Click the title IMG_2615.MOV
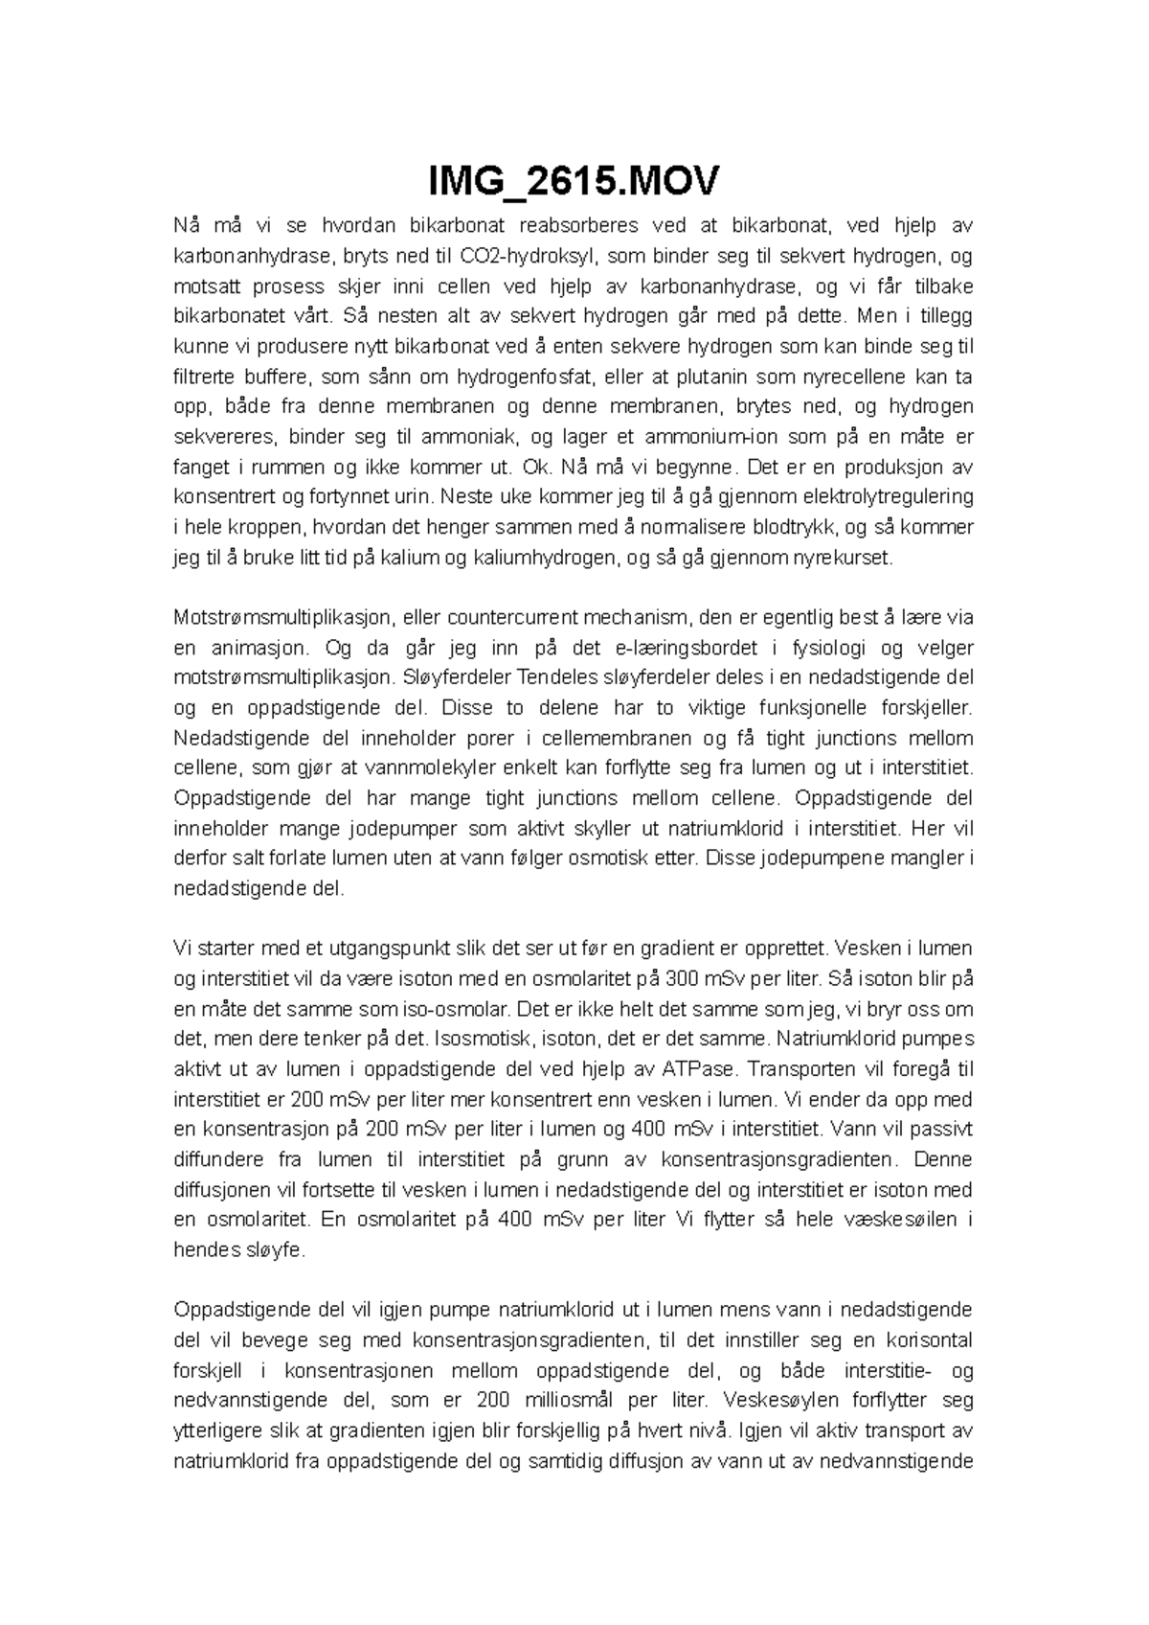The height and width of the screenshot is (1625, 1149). [574, 180]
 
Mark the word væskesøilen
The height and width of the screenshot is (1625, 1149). [890, 1220]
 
